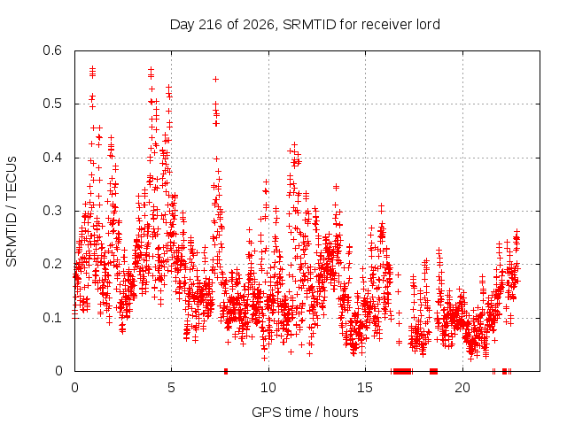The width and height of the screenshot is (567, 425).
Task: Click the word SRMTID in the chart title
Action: click(x=309, y=25)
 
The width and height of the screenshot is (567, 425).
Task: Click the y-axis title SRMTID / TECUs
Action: click(x=12, y=212)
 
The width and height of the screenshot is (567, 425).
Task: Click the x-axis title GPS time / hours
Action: click(x=305, y=413)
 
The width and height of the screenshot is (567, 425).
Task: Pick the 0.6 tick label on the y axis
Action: click(x=52, y=50)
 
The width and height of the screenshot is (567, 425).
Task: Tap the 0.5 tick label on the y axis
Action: click(x=52, y=104)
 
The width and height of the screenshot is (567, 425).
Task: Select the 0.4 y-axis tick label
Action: click(x=52, y=158)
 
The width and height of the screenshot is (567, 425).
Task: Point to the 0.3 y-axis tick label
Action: click(x=52, y=211)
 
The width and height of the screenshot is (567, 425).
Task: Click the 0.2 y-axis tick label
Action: click(x=52, y=264)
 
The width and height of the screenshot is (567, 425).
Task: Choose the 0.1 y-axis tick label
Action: click(x=52, y=318)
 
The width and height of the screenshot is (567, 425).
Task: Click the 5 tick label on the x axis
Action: click(x=171, y=388)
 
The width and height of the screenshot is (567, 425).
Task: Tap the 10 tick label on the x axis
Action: click(x=268, y=388)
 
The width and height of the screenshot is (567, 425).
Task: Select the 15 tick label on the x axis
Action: click(x=365, y=388)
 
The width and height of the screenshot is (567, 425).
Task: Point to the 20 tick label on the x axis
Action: click(x=462, y=388)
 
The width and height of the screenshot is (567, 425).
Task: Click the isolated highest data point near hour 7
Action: click(x=215, y=79)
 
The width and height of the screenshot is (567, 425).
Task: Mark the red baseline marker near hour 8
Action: click(x=226, y=371)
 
